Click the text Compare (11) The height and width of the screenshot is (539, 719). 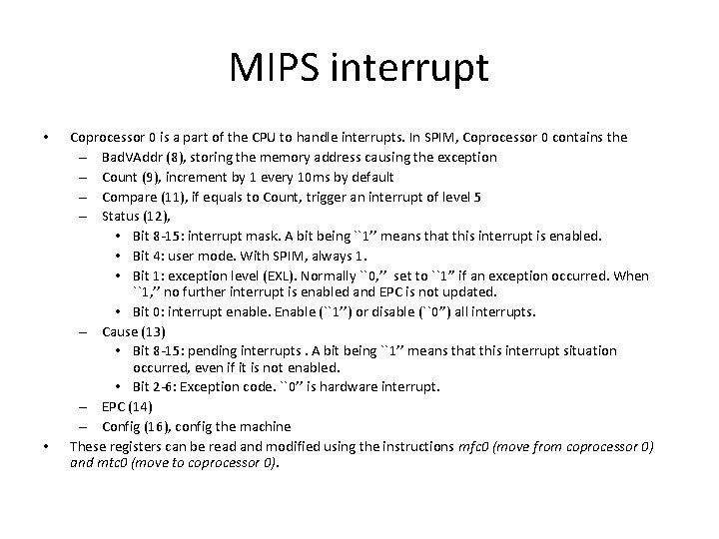pyautogui.click(x=136, y=197)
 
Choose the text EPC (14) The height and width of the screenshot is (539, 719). pyautogui.click(x=124, y=407)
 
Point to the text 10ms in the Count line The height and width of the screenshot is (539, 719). pyautogui.click(x=295, y=177)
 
